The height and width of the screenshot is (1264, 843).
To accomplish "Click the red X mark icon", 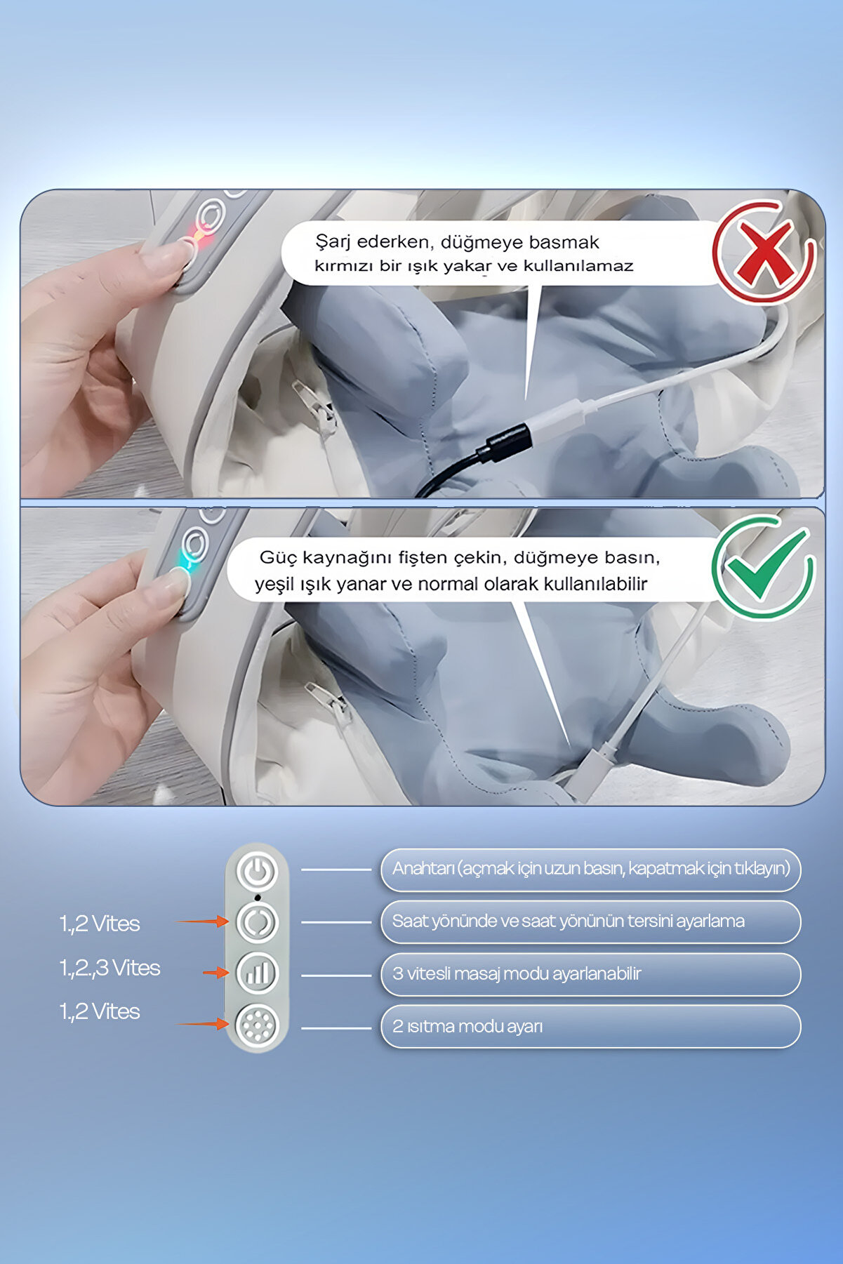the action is [764, 251].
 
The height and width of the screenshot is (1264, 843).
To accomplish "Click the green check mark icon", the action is [764, 567].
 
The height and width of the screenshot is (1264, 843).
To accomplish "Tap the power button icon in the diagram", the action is [258, 871].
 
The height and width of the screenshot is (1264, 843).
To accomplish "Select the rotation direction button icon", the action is [258, 922].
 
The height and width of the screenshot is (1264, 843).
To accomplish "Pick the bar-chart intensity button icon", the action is [258, 973].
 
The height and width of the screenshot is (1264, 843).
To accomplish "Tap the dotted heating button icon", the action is [258, 1025].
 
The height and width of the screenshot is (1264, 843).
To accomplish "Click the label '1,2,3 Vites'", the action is [109, 968].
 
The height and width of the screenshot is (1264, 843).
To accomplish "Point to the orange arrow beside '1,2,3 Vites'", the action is [216, 972].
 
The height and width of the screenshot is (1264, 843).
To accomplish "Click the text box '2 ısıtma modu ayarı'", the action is [590, 1027].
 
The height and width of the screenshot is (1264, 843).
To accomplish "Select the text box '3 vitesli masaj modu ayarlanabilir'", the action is [590, 974].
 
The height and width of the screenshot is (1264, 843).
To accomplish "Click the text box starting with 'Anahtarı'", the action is [590, 870].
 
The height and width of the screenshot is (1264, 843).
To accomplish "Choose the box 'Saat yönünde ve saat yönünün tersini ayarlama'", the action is [590, 922].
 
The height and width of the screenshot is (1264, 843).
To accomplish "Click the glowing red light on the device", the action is [199, 237].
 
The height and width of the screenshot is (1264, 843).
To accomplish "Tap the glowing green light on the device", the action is [185, 560].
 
